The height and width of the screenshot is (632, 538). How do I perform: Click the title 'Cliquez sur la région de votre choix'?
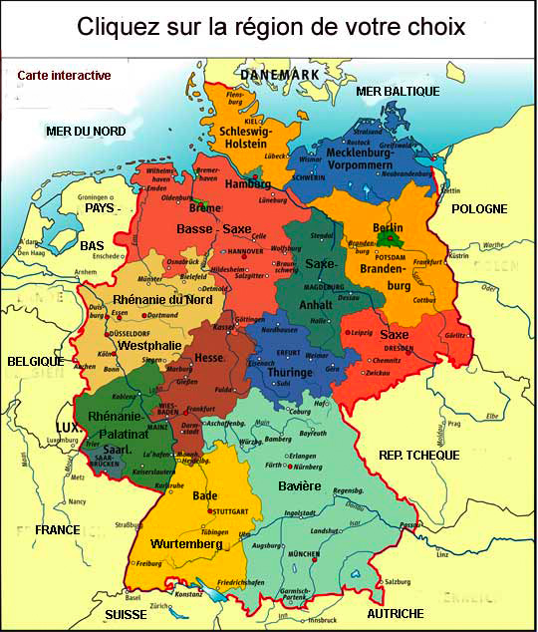[271, 27]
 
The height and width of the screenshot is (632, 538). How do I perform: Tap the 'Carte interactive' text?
[65, 75]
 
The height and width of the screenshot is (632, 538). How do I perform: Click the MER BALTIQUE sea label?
[398, 91]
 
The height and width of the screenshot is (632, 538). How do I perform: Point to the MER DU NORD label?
[86, 131]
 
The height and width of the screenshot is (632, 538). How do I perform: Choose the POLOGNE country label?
[479, 208]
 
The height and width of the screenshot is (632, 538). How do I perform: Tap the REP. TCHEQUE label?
[418, 455]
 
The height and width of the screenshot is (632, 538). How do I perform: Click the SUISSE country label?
[126, 614]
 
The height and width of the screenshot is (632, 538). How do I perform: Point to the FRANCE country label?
[57, 530]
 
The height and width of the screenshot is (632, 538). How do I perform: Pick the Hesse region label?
[210, 357]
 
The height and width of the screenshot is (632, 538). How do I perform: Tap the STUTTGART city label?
[231, 512]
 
